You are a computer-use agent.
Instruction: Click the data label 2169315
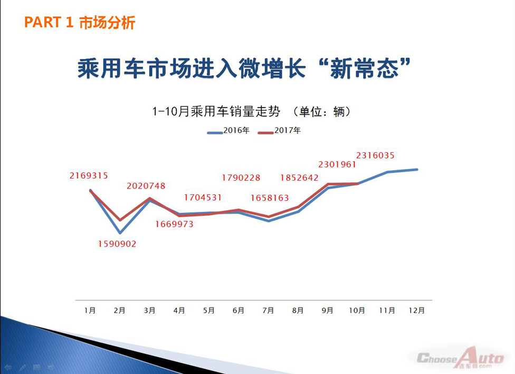click(x=89, y=176)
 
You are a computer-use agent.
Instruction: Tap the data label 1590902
click(x=117, y=244)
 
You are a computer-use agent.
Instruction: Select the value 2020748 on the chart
click(x=146, y=186)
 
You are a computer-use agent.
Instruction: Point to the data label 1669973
click(x=175, y=224)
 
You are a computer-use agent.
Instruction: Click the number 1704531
click(x=203, y=198)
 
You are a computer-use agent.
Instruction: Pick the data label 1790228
click(x=241, y=178)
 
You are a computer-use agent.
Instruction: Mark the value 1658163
click(x=270, y=198)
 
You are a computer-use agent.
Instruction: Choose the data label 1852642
click(x=299, y=178)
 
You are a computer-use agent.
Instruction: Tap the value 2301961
click(x=337, y=164)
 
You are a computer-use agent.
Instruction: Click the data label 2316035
click(x=375, y=155)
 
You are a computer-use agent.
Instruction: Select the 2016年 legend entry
click(x=228, y=131)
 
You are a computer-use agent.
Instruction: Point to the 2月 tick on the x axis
click(x=120, y=310)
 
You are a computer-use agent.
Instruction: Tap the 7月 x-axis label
click(x=268, y=310)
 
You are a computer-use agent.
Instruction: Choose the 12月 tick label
click(x=417, y=310)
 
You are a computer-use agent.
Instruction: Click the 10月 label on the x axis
click(x=357, y=310)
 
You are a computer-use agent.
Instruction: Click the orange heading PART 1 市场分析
click(x=80, y=23)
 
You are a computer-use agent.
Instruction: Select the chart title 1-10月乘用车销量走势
click(x=216, y=112)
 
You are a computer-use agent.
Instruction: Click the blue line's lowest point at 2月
click(x=120, y=233)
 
